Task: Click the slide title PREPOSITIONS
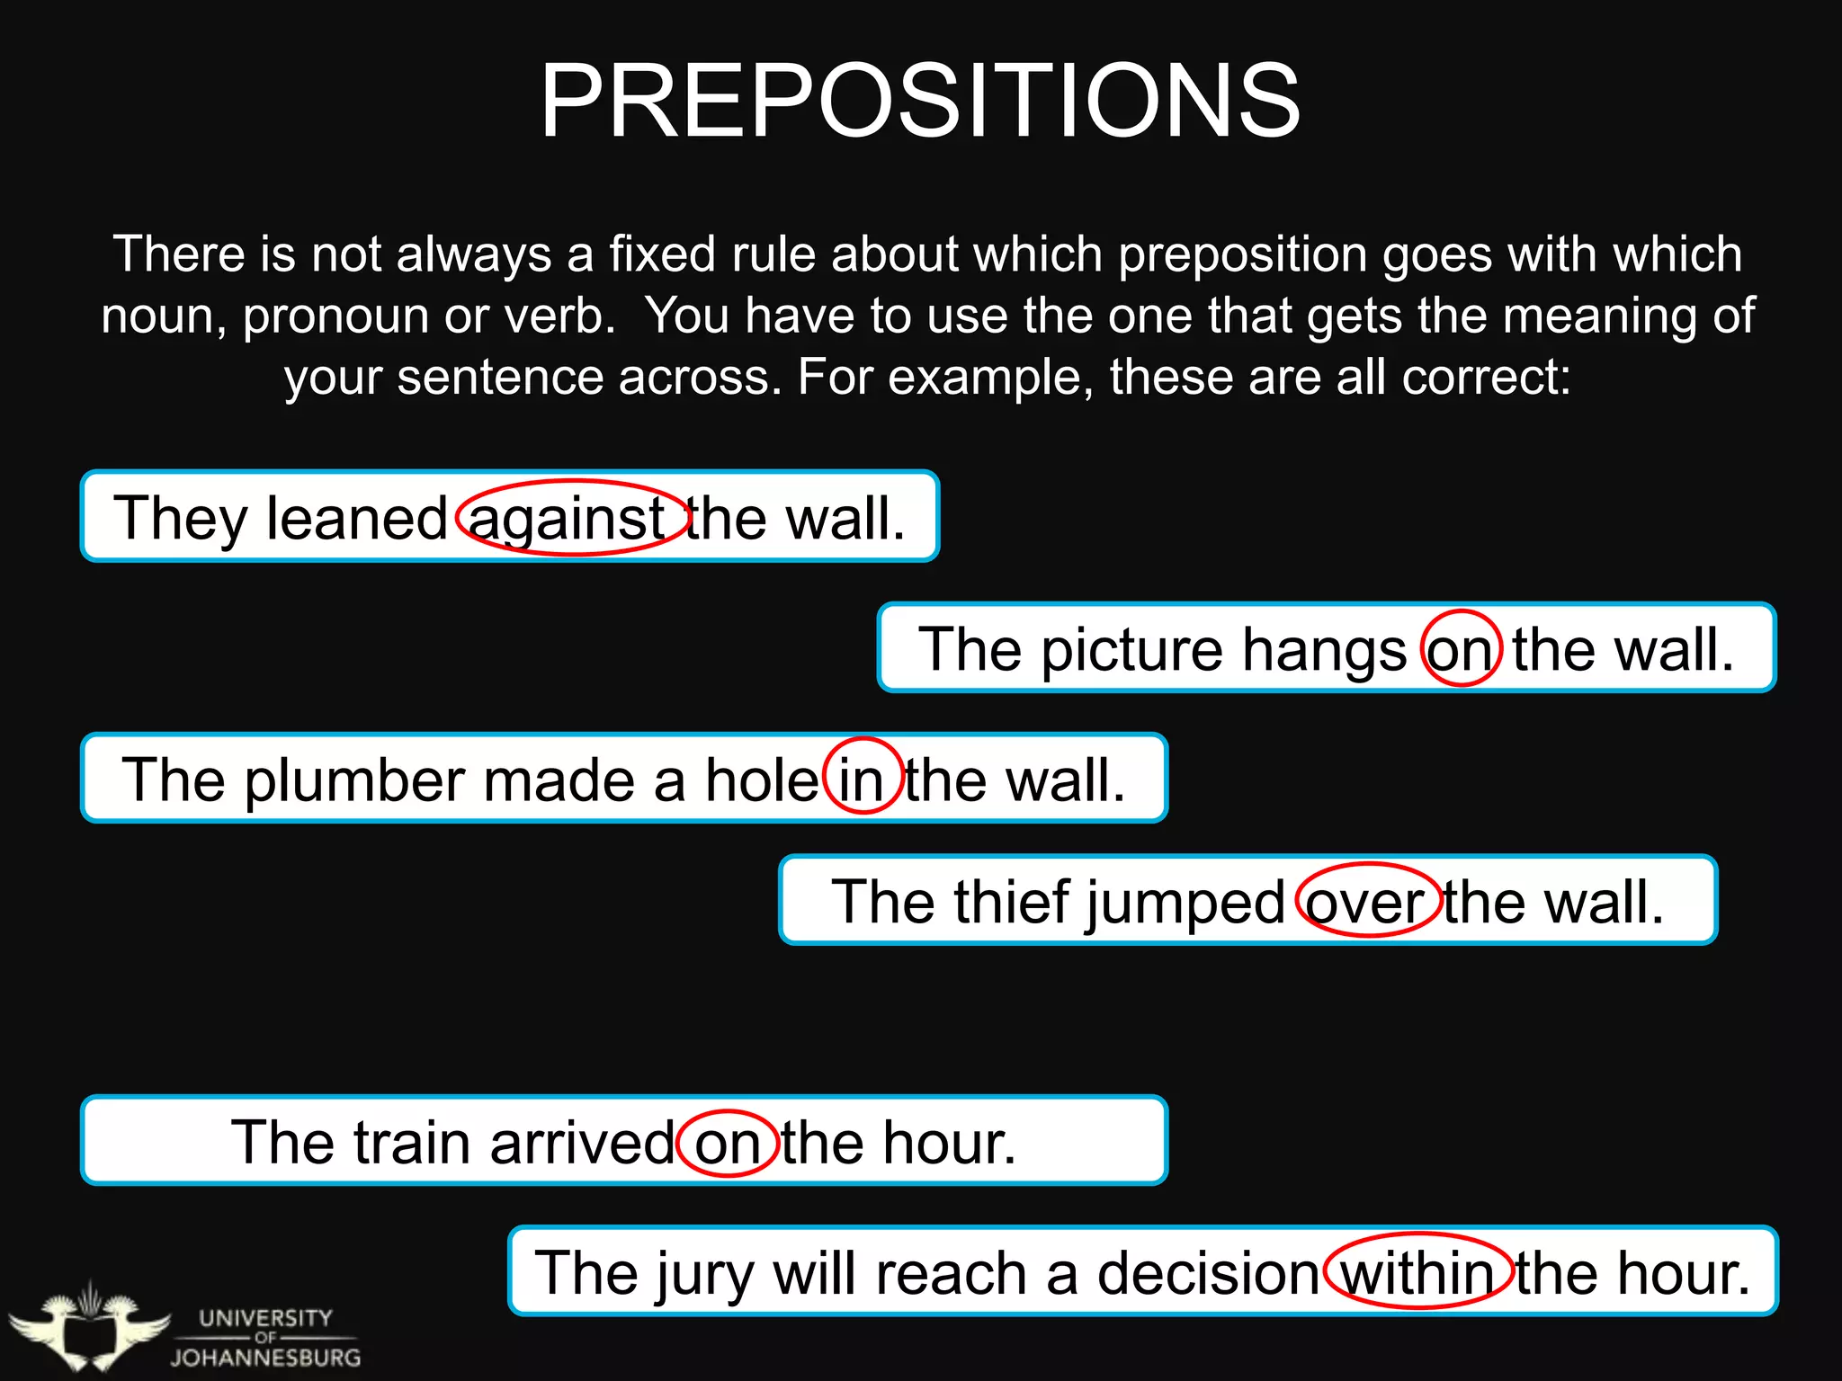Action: [x=919, y=101]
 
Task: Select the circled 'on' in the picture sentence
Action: [x=1461, y=648]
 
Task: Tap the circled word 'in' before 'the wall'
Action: [x=863, y=779]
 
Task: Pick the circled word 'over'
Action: [x=1367, y=901]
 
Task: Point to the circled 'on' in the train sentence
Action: [x=727, y=1142]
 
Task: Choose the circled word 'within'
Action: [x=1417, y=1272]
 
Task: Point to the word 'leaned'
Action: [x=357, y=518]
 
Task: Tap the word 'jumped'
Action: [x=1186, y=903]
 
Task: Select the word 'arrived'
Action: [x=582, y=1142]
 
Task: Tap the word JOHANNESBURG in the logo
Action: [x=266, y=1357]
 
